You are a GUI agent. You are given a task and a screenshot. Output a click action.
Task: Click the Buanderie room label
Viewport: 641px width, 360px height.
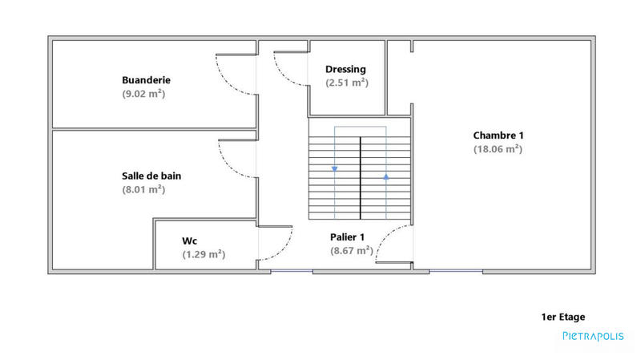pyautogui.click(x=146, y=80)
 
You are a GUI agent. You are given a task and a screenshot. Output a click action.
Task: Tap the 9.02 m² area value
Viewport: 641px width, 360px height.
pyautogui.click(x=143, y=94)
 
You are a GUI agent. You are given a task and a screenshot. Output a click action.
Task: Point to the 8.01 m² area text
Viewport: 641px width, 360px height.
pyautogui.click(x=143, y=190)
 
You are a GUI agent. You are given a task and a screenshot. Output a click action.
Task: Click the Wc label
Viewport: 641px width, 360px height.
pyautogui.click(x=190, y=240)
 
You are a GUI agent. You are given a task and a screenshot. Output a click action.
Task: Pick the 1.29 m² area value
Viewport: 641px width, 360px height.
pyautogui.click(x=204, y=254)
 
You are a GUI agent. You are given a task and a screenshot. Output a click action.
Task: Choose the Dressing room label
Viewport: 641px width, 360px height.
pyautogui.click(x=346, y=69)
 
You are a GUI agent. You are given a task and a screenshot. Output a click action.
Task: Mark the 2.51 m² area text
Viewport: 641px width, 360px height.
pyautogui.click(x=346, y=83)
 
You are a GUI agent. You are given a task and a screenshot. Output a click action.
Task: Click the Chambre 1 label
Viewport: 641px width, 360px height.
pyautogui.click(x=498, y=135)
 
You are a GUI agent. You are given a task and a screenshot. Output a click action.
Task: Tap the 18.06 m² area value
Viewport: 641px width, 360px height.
pyautogui.click(x=498, y=148)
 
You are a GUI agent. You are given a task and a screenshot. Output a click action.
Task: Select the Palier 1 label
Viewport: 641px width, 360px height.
pyautogui.click(x=348, y=237)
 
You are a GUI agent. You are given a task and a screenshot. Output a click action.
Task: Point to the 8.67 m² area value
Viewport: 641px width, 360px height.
pyautogui.click(x=352, y=250)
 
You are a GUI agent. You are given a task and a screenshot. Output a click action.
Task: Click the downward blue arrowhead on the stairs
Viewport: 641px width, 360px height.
pyautogui.click(x=335, y=169)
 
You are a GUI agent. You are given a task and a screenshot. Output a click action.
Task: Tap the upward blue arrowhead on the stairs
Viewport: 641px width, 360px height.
pyautogui.click(x=386, y=175)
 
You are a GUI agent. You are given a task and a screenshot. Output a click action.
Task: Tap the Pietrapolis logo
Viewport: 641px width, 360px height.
pyautogui.click(x=593, y=337)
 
